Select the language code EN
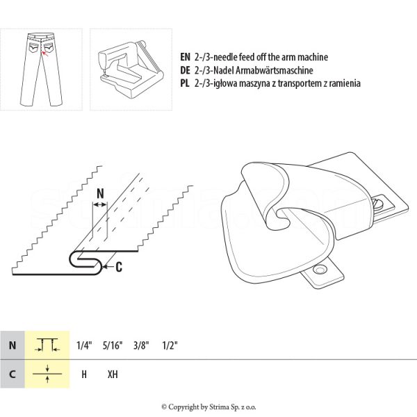click(x=185, y=57)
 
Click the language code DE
click(x=185, y=70)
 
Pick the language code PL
click(x=184, y=83)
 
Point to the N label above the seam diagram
click(x=100, y=195)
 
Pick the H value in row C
click(x=84, y=374)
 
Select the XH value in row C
click(x=113, y=374)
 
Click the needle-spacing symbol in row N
click(x=47, y=345)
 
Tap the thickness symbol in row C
click(x=47, y=373)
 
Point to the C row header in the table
click(x=12, y=374)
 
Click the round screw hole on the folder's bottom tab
click(x=320, y=269)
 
